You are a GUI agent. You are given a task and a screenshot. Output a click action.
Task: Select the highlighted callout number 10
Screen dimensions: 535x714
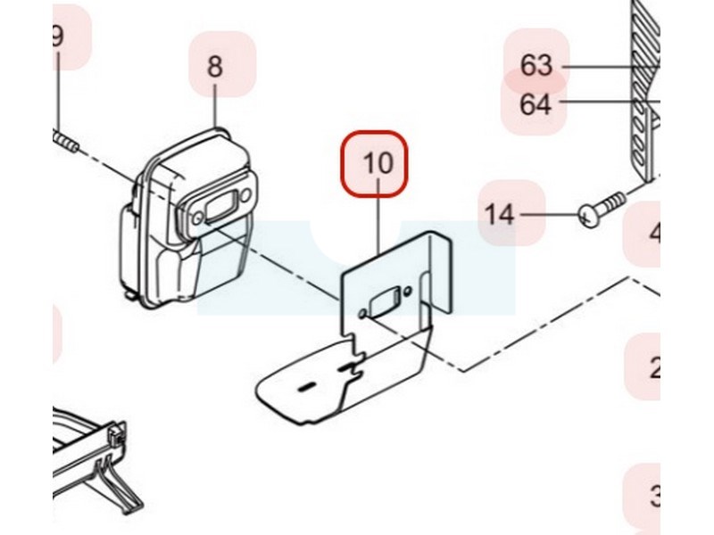point(378,163)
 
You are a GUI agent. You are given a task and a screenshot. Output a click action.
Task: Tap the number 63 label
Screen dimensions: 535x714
point(537,65)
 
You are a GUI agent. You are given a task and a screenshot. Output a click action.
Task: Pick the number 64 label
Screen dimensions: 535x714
point(535,105)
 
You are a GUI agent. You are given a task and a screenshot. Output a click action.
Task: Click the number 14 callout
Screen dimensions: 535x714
point(501,214)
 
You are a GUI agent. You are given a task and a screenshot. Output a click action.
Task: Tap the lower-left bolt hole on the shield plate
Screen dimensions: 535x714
point(361,314)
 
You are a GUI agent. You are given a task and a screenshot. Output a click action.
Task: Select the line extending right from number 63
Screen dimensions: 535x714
point(616,66)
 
